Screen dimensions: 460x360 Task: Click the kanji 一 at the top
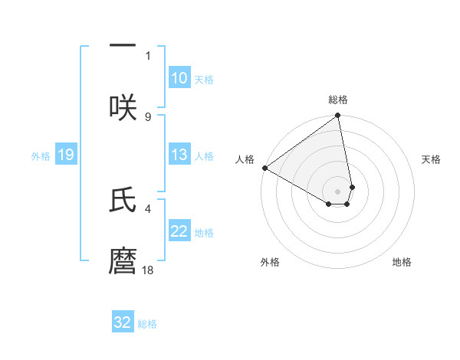123,45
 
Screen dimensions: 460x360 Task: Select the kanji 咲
123,107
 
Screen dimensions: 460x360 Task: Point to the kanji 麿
123,260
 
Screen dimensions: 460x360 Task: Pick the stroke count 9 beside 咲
148,116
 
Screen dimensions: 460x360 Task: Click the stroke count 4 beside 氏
148,208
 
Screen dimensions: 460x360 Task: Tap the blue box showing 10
179,78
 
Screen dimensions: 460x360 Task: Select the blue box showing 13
179,155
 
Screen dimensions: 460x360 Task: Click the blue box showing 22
179,231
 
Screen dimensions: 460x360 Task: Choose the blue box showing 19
65,155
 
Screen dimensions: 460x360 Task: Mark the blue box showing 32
123,322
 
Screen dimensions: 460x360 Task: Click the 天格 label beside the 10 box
204,80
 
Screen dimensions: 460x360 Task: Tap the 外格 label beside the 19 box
41,156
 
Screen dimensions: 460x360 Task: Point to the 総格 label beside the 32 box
147,324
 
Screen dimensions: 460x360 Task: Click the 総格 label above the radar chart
338,100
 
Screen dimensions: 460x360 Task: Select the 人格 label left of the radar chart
245,159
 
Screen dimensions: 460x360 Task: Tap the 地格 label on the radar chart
402,263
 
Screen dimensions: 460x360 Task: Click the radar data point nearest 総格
338,116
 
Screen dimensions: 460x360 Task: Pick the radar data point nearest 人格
264,168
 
